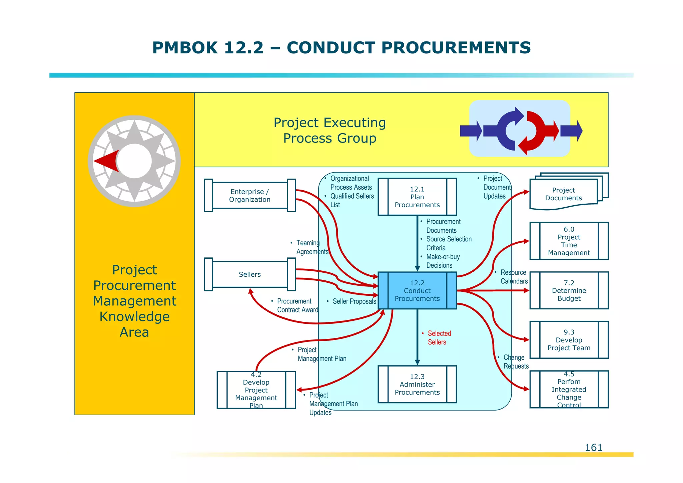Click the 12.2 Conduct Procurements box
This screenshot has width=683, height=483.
(x=417, y=290)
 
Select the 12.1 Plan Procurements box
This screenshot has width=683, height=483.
(x=417, y=197)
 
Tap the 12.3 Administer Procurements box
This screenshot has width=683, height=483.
(x=417, y=384)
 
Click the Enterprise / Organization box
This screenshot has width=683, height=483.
(x=249, y=196)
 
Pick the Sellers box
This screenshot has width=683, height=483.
(x=249, y=274)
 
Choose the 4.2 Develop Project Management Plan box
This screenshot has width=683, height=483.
(x=256, y=390)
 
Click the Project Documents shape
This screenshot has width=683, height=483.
(x=564, y=194)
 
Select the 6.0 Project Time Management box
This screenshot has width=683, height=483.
(x=569, y=241)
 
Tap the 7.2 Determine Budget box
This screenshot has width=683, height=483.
(x=569, y=290)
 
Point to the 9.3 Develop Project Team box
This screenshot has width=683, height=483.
(x=569, y=340)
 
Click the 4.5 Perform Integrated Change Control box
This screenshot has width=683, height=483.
(x=569, y=389)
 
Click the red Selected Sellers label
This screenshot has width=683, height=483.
(x=439, y=338)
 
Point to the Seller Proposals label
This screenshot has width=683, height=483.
(x=354, y=301)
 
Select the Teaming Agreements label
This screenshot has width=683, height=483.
(x=312, y=247)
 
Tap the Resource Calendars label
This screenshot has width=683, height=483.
(x=514, y=277)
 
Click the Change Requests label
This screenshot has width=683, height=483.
(x=516, y=362)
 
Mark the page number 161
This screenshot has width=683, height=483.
(x=594, y=448)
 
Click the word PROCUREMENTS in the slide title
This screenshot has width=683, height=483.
(x=409, y=48)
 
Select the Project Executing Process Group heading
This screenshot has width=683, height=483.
(x=329, y=131)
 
